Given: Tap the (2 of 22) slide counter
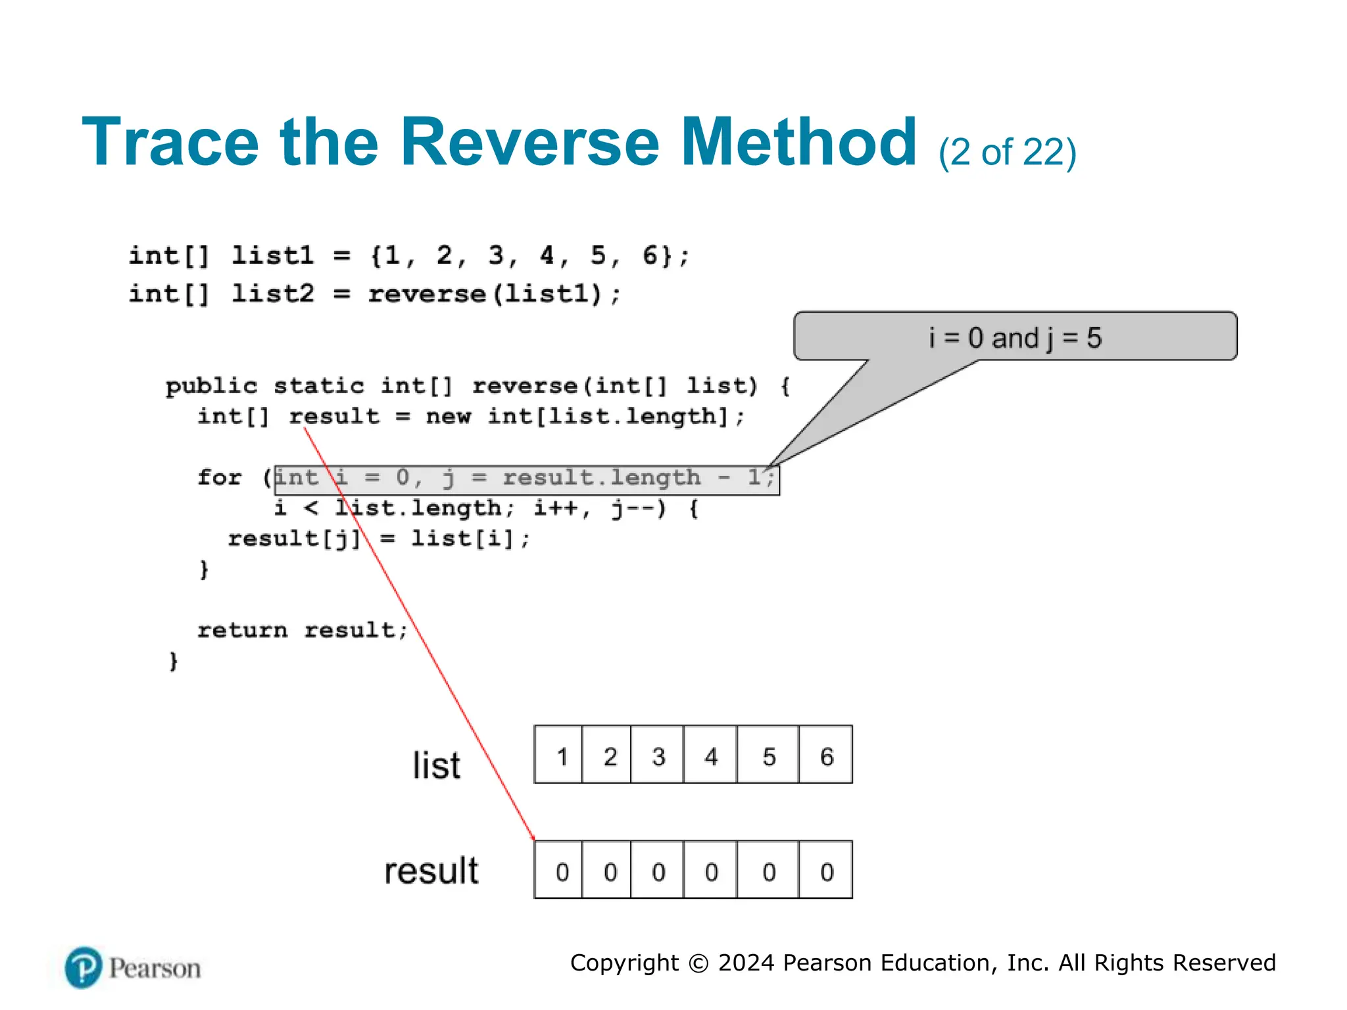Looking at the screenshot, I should click(1007, 153).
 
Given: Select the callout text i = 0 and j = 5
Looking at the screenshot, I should click(1015, 338).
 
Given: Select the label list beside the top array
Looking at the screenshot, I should click(436, 765).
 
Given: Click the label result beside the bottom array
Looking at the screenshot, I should click(431, 870).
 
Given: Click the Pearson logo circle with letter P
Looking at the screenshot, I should click(84, 967).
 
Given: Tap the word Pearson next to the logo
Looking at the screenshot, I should click(155, 969).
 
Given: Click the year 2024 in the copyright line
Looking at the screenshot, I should click(746, 963).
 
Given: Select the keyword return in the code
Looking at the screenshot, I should click(242, 630).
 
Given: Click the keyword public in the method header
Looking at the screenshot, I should click(211, 386).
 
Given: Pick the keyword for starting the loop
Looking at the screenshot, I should click(220, 477).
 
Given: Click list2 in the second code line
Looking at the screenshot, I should click(272, 293).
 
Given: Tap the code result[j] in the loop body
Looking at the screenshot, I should click(294, 539).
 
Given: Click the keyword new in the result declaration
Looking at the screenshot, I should click(448, 416).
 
